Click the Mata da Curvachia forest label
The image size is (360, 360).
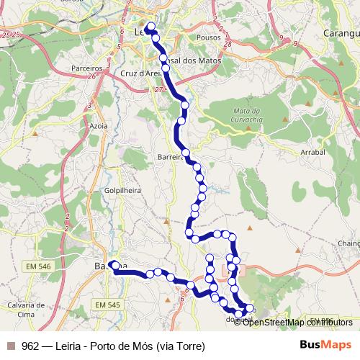click(246, 114)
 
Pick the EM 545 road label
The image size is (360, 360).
click(108, 305)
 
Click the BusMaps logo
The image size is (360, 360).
click(324, 345)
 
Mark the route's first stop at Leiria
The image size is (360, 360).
click(150, 27)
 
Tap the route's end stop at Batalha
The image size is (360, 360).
click(113, 265)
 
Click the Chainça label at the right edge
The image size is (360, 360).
click(348, 243)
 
